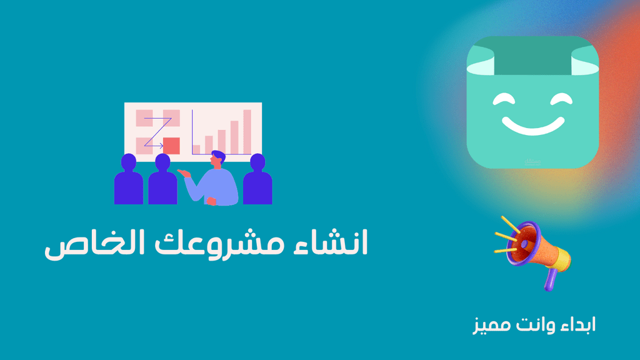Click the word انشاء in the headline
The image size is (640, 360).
click(331, 242)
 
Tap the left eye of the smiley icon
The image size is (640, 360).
click(504, 99)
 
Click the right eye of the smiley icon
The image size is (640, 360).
click(561, 99)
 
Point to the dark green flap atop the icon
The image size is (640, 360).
click(532, 56)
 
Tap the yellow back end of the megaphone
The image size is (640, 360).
click(563, 259)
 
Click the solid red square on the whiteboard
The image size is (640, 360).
click(171, 146)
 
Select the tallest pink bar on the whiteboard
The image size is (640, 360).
click(247, 132)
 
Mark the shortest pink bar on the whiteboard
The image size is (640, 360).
click(196, 149)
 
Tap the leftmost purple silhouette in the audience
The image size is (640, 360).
click(129, 179)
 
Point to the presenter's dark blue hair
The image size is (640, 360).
click(219, 156)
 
